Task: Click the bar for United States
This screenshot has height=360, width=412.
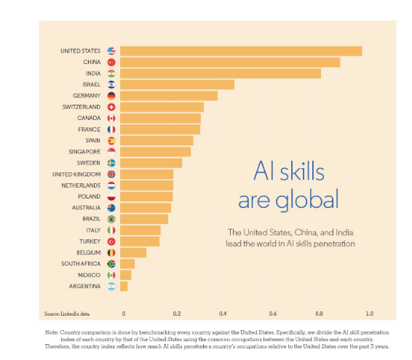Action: (240, 51)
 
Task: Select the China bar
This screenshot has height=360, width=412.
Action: (229, 63)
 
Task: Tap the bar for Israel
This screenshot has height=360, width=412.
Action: (177, 84)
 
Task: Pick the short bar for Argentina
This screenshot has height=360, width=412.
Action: (124, 287)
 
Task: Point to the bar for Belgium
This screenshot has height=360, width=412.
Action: (133, 252)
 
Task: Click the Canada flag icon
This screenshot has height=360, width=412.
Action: (111, 118)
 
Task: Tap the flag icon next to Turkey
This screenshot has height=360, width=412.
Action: (111, 241)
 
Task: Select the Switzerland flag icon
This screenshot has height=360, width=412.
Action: (111, 107)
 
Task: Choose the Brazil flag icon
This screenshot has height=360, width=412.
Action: (111, 219)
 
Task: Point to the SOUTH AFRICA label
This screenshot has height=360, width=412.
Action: (81, 264)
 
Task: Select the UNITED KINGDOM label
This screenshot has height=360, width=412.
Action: (76, 175)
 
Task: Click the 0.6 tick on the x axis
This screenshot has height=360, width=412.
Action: (273, 313)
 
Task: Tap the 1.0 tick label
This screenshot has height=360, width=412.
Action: (369, 313)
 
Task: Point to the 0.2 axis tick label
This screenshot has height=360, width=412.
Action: (177, 313)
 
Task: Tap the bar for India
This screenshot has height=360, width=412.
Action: (220, 73)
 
